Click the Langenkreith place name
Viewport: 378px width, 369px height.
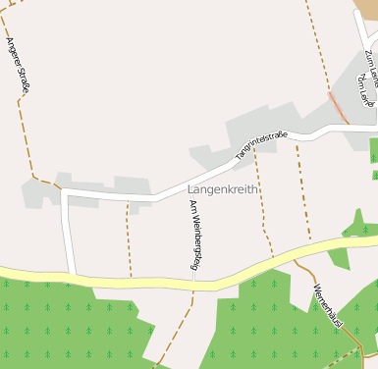click(224, 187)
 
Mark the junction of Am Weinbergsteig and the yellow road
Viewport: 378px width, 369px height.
click(194, 285)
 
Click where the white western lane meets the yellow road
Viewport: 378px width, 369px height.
click(72, 275)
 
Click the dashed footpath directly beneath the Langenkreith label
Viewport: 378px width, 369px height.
click(260, 211)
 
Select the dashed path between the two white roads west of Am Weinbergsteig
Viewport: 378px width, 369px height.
click(129, 240)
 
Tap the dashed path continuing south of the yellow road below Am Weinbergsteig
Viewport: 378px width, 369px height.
click(182, 324)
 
